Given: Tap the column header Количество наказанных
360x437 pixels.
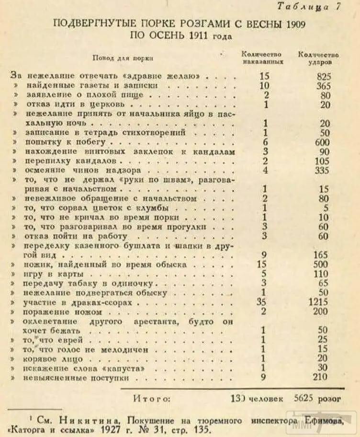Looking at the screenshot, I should [x=262, y=58].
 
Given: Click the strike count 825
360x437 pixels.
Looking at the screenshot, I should [x=324, y=76].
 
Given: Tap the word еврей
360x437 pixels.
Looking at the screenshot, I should [x=71, y=340].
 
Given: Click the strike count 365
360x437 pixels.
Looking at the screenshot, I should [x=324, y=85].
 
